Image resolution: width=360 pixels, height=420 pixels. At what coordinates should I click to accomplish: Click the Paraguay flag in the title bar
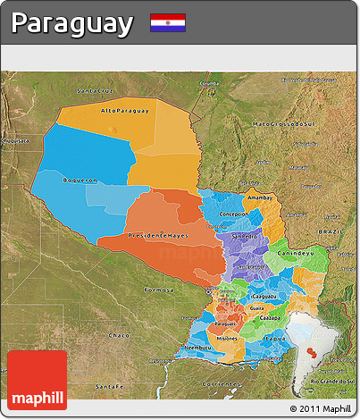[168, 22]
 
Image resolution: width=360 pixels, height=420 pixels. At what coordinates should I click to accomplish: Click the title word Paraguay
[72, 23]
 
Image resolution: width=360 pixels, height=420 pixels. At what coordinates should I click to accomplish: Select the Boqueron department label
[80, 180]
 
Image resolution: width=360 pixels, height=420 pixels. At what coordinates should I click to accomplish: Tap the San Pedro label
[244, 237]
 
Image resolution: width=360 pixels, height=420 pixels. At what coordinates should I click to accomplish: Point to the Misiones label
[228, 339]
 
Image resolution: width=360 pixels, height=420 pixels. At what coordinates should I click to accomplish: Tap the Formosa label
[157, 291]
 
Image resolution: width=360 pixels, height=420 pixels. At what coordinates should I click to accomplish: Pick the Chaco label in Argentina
[119, 334]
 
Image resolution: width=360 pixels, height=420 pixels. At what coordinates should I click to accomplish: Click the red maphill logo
[37, 380]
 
